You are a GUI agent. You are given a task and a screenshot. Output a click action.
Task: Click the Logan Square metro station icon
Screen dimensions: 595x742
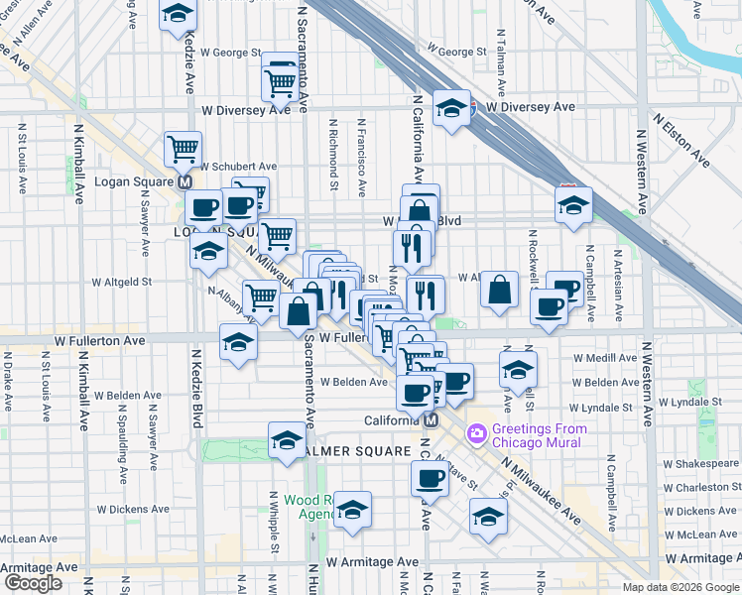coord(184,183)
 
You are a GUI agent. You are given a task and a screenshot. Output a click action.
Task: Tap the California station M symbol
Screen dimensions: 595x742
coord(431,419)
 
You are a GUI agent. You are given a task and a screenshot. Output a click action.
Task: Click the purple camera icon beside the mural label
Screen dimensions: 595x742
coord(476,433)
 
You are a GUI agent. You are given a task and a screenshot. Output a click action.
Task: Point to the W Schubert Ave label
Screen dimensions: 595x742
coord(239,167)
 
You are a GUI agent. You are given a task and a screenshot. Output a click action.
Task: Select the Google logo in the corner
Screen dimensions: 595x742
coord(33,583)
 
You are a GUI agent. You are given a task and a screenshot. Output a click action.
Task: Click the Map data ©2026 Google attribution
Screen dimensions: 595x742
coord(679,587)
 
